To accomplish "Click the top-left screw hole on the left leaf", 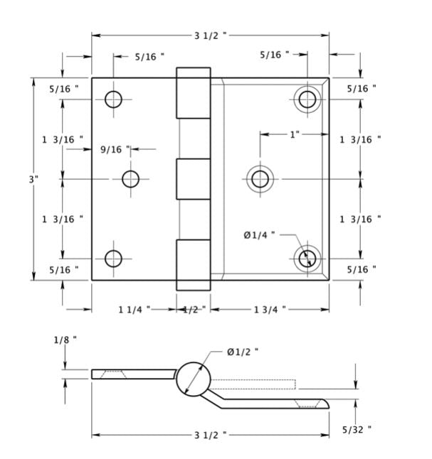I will tap(113, 99).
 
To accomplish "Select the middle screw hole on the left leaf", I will tap(130, 179).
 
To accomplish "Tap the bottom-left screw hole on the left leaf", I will tap(113, 259).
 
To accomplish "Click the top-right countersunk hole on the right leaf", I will tap(307, 99).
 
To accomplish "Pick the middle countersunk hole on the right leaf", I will tap(260, 178).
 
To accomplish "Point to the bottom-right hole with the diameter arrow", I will tap(307, 258).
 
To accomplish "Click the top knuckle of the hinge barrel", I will tap(194, 93).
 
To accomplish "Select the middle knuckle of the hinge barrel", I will tap(194, 179).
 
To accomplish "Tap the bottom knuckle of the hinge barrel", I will tap(194, 265).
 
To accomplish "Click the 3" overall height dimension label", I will tap(33, 179).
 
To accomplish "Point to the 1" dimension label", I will tap(295, 134).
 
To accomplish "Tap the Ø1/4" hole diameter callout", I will tap(259, 235).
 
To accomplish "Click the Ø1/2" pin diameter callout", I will tap(242, 352).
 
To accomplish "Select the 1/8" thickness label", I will tap(65, 340).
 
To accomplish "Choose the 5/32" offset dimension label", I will tap(357, 429).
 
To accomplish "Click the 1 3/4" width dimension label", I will tap(270, 309).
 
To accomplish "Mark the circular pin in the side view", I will tap(194, 378).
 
